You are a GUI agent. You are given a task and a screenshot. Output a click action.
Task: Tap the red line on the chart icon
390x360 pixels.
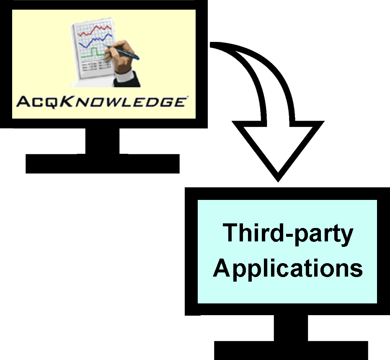(x=96, y=30)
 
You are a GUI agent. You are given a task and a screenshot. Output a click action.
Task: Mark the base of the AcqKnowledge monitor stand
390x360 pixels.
(x=103, y=163)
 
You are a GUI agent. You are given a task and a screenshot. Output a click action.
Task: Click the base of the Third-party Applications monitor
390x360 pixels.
(x=291, y=350)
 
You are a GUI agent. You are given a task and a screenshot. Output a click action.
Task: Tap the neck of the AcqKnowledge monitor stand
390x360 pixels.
(x=102, y=141)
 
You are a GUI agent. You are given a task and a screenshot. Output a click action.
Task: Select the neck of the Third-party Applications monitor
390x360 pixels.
(x=291, y=328)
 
